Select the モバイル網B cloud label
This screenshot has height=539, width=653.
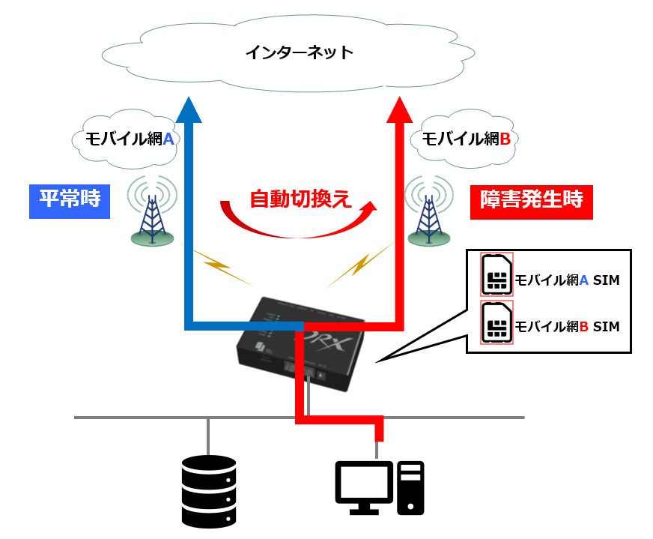coord(466,139)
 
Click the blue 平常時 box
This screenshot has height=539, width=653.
coord(69,201)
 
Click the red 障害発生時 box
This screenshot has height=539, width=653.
coord(531,201)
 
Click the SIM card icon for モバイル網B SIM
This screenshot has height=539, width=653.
coord(496,323)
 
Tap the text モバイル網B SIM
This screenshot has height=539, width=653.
coord(567,327)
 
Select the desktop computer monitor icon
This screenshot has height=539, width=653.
coord(364,487)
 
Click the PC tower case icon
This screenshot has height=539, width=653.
coord(410,487)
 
